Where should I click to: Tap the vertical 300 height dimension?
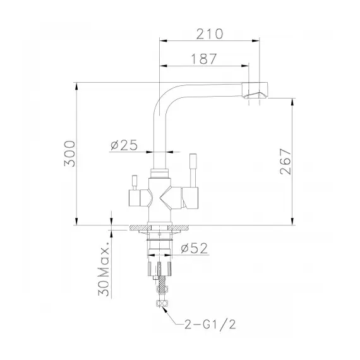[71, 153]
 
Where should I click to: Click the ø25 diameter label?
[124, 145]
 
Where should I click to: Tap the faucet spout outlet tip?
[260, 95]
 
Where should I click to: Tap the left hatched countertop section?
[137, 227]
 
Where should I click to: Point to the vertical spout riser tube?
[159, 139]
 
